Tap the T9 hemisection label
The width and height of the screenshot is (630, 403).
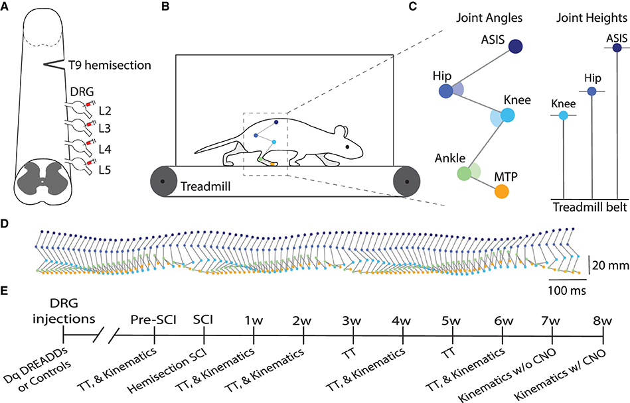pyautogui.click(x=109, y=65)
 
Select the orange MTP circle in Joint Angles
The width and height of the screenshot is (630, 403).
pyautogui.click(x=503, y=191)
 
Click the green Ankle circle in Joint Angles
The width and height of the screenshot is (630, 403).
pyautogui.click(x=465, y=174)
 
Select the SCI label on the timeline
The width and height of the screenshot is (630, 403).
pyautogui.click(x=203, y=320)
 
